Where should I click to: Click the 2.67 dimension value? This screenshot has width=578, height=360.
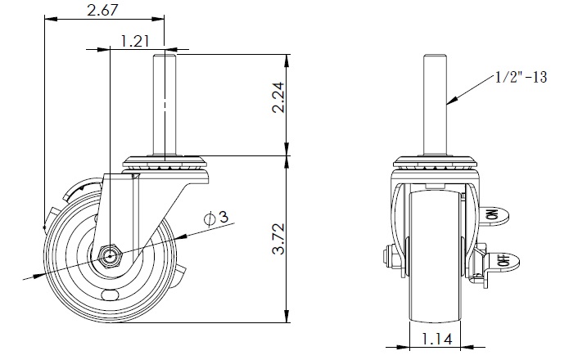pyautogui.click(x=102, y=10)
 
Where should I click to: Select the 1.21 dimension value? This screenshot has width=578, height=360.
pyautogui.click(x=135, y=41)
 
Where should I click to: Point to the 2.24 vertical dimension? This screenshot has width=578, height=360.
pyautogui.click(x=278, y=97)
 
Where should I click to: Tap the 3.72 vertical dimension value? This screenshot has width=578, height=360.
pyautogui.click(x=278, y=239)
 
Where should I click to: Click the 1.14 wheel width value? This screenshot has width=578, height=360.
pyautogui.click(x=437, y=339)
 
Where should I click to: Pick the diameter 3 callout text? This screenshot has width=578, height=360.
pyautogui.click(x=216, y=218)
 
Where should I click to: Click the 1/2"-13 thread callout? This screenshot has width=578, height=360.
pyautogui.click(x=521, y=78)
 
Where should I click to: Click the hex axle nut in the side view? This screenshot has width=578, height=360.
pyautogui.click(x=110, y=255)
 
